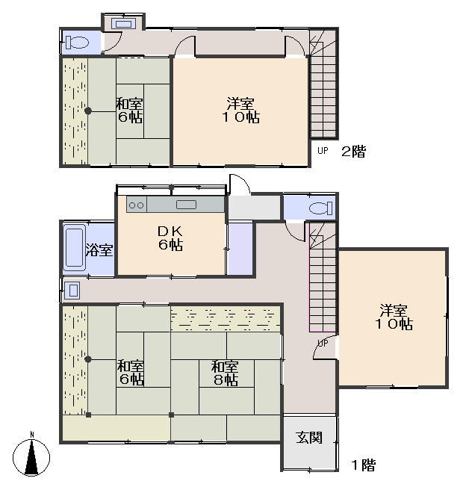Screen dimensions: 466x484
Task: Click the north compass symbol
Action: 31,456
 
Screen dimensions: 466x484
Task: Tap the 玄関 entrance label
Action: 309,438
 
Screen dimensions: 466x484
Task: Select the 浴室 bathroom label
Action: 99,249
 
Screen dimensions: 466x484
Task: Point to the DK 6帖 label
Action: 171,238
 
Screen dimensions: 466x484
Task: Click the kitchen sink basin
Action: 186,205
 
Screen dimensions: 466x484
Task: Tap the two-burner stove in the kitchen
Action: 137,205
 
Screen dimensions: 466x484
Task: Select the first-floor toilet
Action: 321,208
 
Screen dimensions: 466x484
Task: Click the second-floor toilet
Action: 77,43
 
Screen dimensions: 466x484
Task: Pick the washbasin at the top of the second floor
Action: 123,24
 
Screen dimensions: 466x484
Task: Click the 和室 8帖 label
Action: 225,373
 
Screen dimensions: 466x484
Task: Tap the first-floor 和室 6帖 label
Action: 131,373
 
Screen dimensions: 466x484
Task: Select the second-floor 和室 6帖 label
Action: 130,111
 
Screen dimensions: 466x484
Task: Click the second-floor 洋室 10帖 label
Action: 241,111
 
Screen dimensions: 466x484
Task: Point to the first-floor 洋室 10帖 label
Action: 394,317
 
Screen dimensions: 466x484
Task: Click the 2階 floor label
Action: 354,152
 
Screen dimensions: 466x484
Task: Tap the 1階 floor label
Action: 364,465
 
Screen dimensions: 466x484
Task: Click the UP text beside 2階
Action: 323,151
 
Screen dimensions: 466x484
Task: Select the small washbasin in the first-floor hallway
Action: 72,290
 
